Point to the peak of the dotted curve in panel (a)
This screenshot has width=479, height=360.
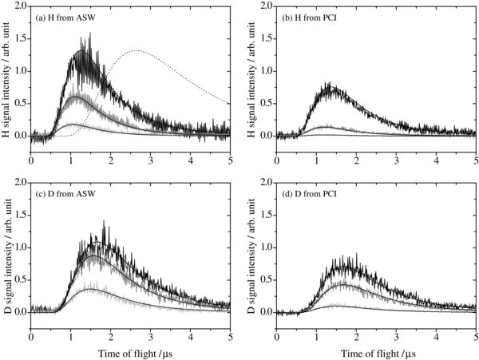[137, 50]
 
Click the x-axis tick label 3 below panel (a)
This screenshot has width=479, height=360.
[150, 160]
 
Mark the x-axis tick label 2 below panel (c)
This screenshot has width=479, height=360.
[110, 335]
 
